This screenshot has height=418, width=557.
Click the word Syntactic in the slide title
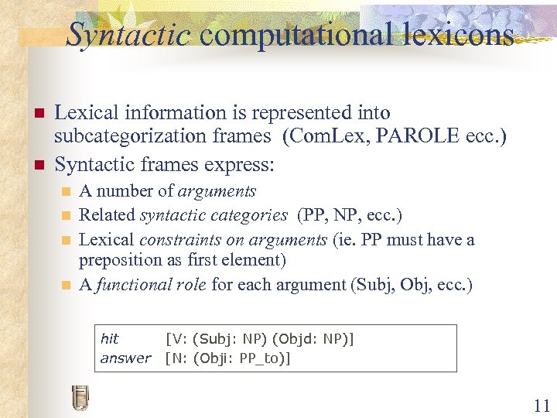(x=128, y=34)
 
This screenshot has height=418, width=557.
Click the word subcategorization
(x=157, y=138)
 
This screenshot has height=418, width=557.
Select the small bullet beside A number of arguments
(x=66, y=191)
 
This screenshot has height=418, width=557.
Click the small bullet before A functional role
(x=66, y=286)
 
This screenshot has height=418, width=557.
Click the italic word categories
(x=249, y=214)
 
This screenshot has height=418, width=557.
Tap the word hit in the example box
(x=110, y=339)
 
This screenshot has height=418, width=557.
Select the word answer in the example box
(x=125, y=358)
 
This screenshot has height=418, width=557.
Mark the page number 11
(x=541, y=404)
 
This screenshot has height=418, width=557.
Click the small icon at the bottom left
(x=80, y=396)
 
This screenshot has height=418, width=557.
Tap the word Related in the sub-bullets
(x=107, y=214)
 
